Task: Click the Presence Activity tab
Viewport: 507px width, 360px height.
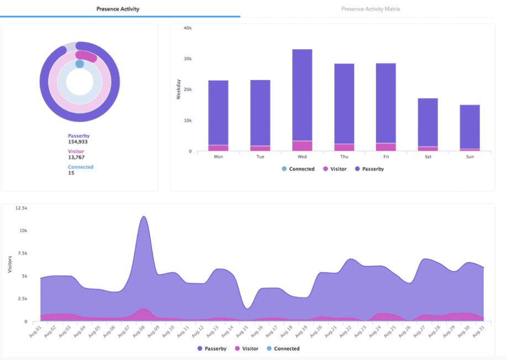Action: point(118,9)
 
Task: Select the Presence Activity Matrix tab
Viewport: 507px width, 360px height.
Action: point(371,9)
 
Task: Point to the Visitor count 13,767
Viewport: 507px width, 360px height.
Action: point(76,157)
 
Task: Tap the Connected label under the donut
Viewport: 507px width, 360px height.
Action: point(81,167)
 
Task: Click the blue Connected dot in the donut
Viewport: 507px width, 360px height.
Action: point(80,64)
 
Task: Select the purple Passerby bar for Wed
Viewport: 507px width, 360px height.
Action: point(302,94)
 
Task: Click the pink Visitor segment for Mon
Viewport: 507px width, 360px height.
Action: point(218,148)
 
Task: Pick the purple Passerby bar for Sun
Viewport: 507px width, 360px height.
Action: point(470,126)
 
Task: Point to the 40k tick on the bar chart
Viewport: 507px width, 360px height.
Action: point(188,28)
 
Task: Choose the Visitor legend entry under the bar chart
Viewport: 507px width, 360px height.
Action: point(335,169)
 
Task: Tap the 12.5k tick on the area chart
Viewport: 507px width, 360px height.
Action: point(22,208)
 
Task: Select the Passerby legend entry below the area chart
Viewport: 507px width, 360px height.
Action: point(212,348)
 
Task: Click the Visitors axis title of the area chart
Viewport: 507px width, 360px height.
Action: point(9,264)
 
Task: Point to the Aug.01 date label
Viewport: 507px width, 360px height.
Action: point(35,331)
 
